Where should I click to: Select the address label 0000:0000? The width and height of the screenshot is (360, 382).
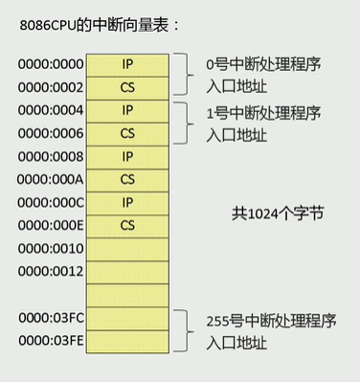coord(51,64)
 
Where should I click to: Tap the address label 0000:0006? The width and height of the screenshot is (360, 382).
coord(51,133)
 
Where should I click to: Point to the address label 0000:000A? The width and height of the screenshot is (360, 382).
coord(51,179)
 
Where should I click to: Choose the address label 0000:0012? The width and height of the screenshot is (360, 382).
coord(51,272)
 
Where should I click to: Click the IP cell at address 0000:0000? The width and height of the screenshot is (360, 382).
coord(127,64)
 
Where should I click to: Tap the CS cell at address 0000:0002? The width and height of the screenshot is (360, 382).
coord(127,87)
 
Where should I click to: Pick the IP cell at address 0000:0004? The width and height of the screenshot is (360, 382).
coord(127,110)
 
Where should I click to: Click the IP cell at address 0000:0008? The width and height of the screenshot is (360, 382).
coord(127,156)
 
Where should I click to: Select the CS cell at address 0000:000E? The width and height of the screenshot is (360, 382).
coord(127,226)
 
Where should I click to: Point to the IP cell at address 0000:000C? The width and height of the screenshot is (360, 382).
coord(127,202)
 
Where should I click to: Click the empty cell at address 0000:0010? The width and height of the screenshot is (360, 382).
coord(127,249)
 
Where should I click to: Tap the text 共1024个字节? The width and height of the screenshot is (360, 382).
coord(277,213)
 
